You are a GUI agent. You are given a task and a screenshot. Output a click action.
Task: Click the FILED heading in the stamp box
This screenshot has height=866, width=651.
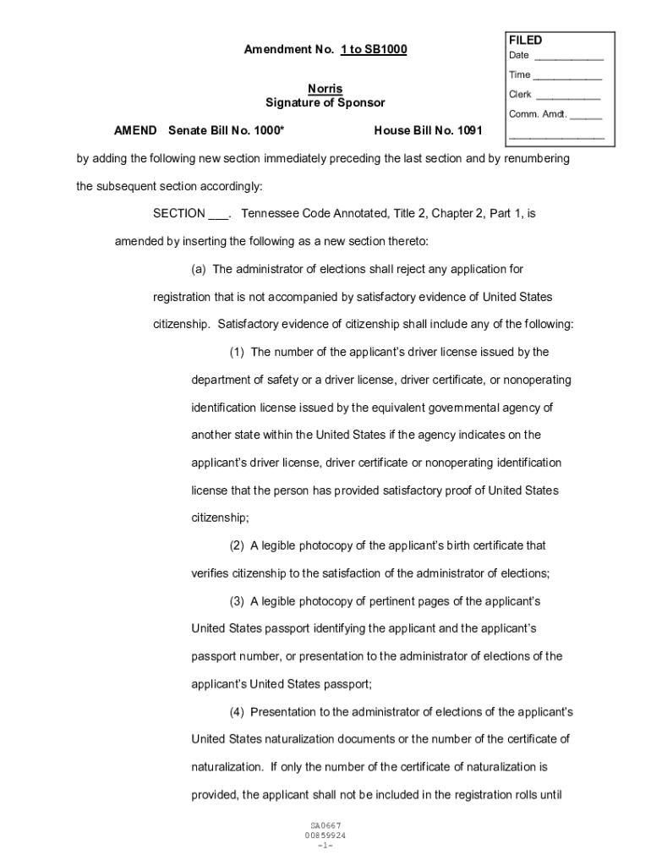pos(525,41)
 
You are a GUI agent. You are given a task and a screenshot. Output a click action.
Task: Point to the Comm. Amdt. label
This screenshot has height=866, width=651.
pos(537,115)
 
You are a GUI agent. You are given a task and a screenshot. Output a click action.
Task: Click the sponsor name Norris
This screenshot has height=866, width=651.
pos(325,89)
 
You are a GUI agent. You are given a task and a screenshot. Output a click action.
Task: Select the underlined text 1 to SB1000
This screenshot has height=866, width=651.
pos(374,50)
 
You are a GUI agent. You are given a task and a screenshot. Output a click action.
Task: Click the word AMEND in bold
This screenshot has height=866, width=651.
pos(135,130)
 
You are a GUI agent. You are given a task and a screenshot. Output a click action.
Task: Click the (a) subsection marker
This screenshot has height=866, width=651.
pos(199,269)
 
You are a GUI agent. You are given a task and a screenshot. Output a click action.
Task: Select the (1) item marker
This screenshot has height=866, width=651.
pos(237,352)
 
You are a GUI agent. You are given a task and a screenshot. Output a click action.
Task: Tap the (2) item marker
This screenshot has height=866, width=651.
pos(237,545)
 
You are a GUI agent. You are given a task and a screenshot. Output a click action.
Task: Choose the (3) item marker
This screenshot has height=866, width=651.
pos(237,601)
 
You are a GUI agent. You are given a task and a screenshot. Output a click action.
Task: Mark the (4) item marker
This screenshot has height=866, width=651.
pos(237,712)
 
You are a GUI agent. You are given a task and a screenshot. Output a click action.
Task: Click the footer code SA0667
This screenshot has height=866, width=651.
pos(325,825)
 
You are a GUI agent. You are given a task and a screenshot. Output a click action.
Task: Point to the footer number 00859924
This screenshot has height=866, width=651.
pos(325,836)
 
